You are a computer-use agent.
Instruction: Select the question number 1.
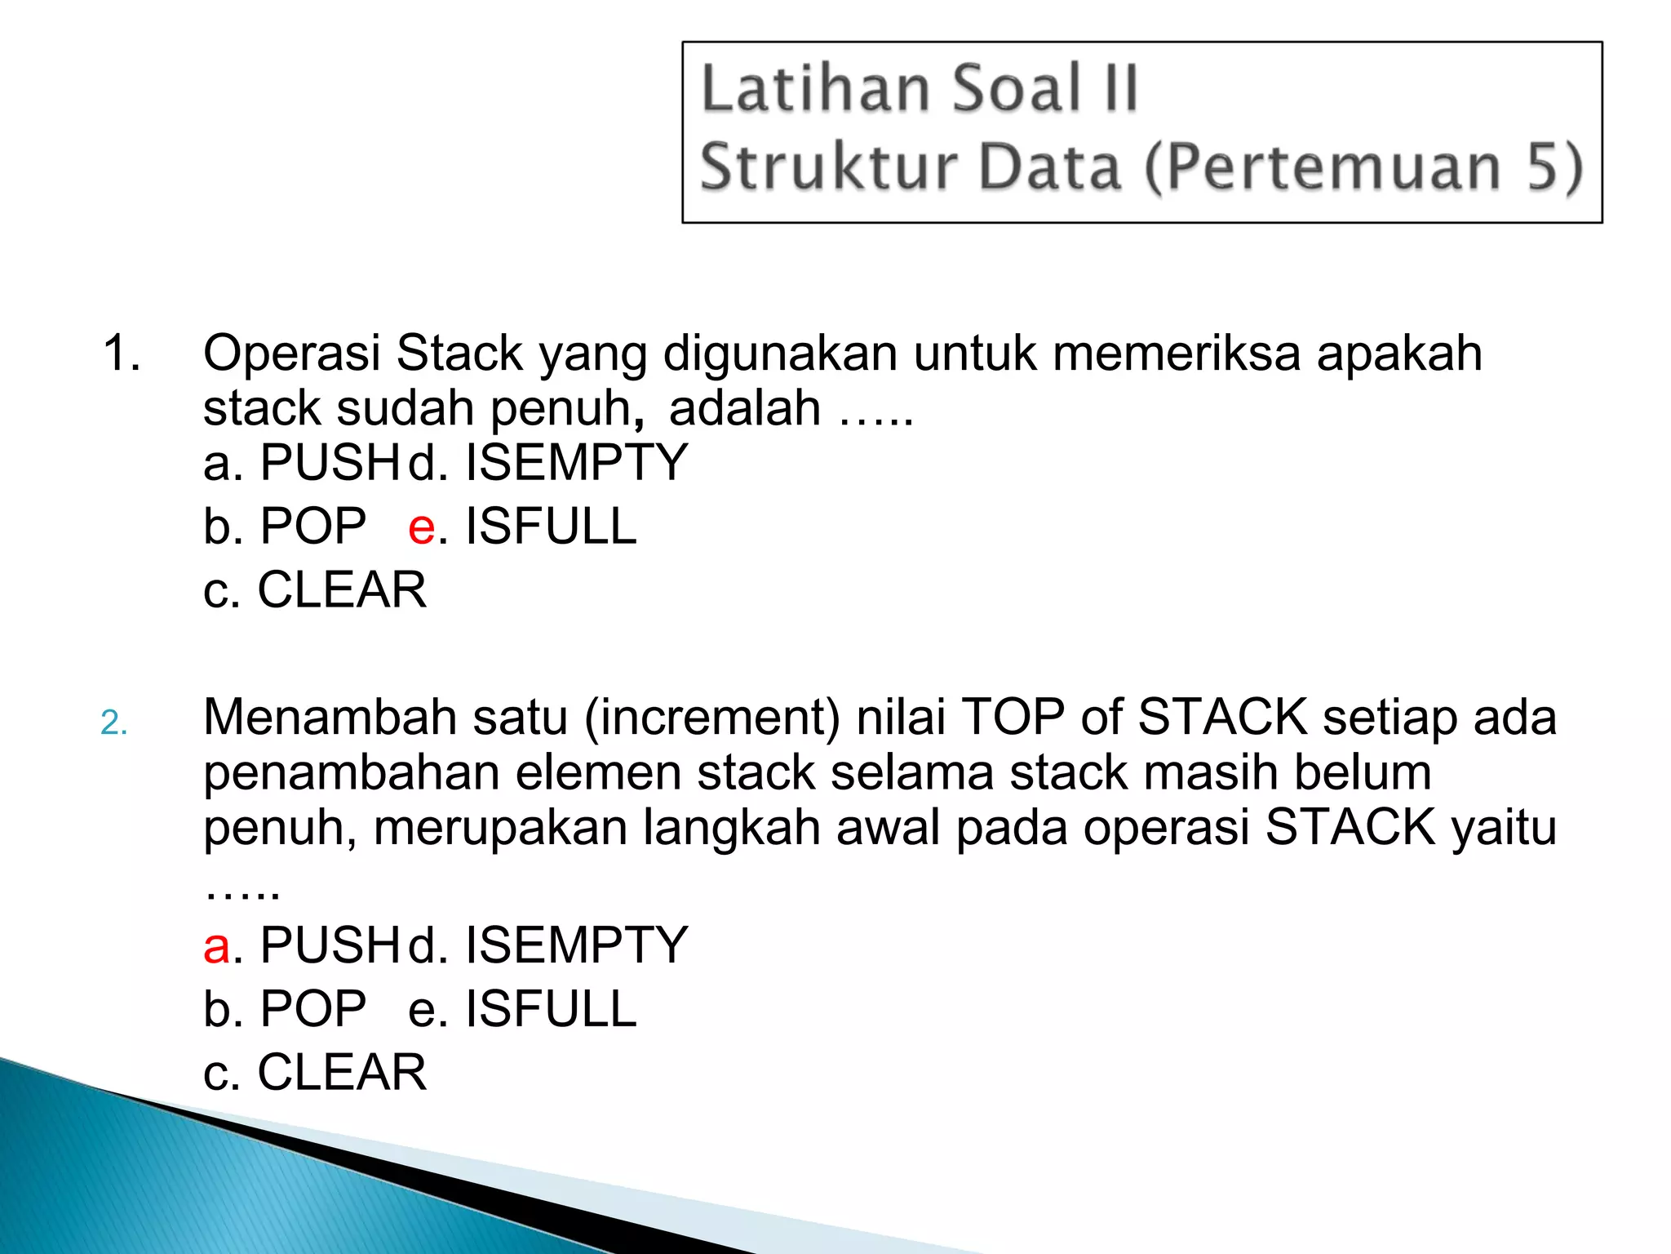(x=121, y=354)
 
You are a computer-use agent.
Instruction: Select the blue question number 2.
(x=113, y=723)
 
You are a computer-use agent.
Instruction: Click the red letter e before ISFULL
(x=421, y=527)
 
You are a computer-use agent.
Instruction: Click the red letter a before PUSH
(x=216, y=946)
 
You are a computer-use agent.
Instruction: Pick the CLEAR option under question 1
(x=341, y=589)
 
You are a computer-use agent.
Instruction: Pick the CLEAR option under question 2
(x=341, y=1072)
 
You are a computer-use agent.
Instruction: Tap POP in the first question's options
(x=312, y=527)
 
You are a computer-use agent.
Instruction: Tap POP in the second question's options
(x=312, y=1009)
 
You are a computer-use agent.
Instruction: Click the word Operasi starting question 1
(x=291, y=354)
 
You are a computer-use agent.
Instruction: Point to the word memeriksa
(x=1176, y=354)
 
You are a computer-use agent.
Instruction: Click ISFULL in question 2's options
(x=551, y=1009)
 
